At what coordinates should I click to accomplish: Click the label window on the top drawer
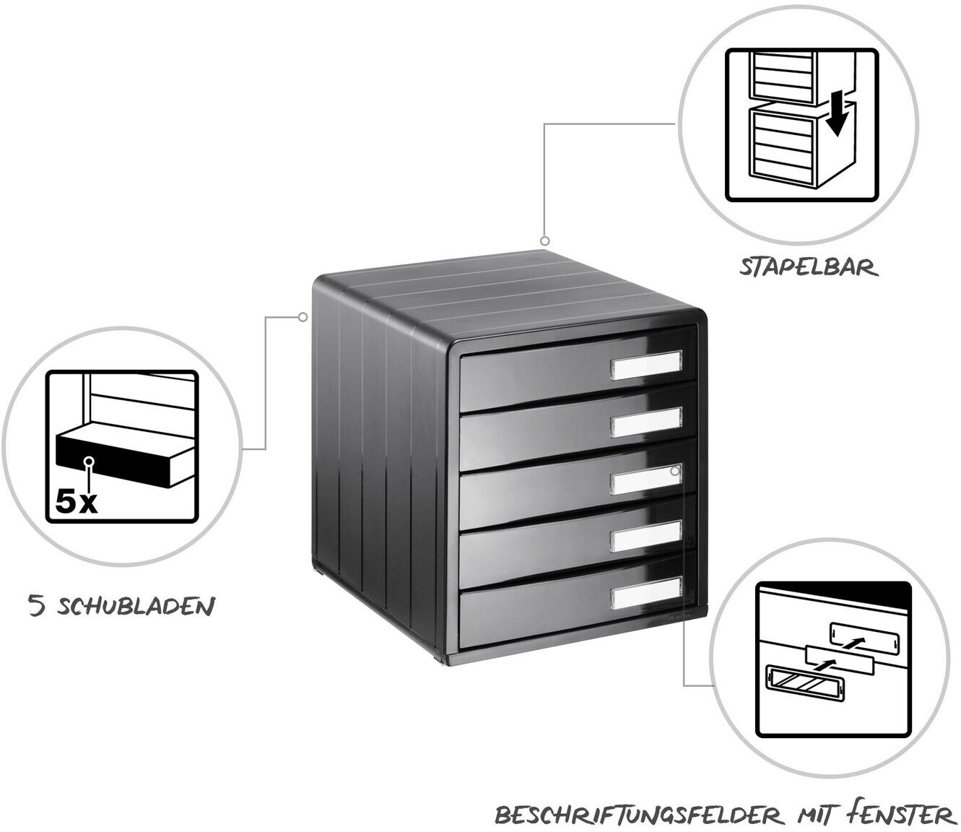click(646, 365)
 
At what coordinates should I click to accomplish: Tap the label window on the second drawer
click(646, 422)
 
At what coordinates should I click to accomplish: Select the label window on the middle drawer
click(646, 480)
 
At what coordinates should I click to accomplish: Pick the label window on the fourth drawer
click(646, 537)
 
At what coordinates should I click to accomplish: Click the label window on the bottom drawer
click(646, 594)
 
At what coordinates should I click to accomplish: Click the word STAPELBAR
click(809, 269)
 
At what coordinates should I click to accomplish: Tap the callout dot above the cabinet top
click(545, 241)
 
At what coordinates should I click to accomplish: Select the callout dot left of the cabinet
click(303, 317)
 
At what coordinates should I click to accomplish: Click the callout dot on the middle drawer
click(675, 471)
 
